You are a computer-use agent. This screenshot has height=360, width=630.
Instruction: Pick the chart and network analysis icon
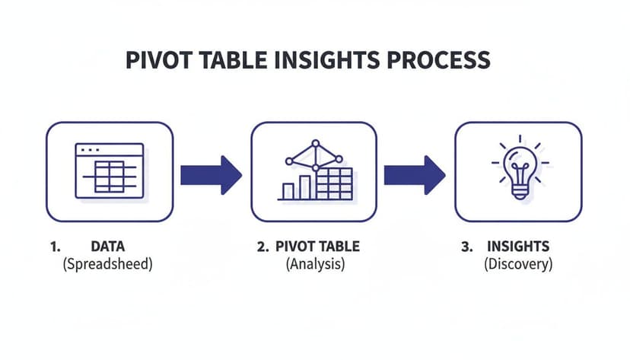click(x=314, y=171)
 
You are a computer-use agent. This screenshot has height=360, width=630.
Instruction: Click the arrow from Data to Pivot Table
click(x=211, y=174)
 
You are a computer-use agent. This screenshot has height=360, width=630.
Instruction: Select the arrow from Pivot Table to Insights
click(x=414, y=174)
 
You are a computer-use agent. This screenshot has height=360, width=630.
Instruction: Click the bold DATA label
click(x=107, y=247)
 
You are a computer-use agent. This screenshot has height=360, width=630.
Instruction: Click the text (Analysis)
click(x=315, y=265)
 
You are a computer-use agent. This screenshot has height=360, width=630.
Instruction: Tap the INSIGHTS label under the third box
click(x=517, y=247)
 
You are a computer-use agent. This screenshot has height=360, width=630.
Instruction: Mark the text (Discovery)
click(x=517, y=265)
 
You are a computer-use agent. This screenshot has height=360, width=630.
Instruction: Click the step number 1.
click(x=55, y=247)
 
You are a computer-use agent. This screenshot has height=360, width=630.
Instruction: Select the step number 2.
click(x=262, y=247)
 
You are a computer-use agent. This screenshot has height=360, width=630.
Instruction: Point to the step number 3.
click(x=466, y=247)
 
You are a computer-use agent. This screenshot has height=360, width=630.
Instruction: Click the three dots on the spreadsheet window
click(x=90, y=151)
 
